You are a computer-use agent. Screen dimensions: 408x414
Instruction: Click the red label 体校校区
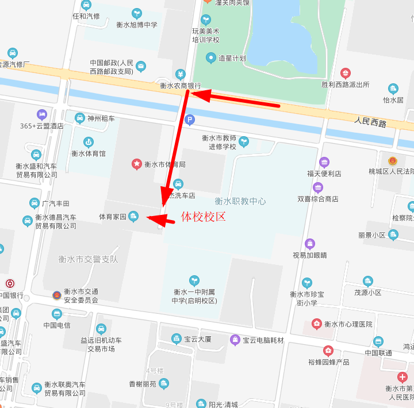(204, 217)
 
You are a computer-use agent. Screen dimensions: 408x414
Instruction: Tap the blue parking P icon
(190, 120)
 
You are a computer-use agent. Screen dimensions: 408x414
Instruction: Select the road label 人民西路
(370, 122)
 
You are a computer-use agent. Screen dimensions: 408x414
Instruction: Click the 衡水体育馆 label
(89, 153)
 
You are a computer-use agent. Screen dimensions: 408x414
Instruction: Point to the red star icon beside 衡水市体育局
(137, 164)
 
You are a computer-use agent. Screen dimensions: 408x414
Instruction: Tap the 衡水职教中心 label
(240, 201)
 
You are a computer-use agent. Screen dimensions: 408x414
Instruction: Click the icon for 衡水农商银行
(181, 74)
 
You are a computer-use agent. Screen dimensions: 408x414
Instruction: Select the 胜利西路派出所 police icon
(345, 73)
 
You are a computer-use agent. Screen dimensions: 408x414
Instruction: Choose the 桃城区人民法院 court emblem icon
(393, 161)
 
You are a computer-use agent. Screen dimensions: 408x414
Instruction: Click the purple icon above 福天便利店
(324, 162)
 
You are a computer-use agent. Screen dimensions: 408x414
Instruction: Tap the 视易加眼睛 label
(309, 255)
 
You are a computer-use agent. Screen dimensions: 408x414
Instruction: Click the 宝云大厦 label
(198, 339)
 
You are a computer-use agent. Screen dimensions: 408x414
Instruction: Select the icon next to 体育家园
(133, 217)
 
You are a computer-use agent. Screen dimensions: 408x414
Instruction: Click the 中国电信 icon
(57, 314)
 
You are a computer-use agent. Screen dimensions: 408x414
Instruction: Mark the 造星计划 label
(232, 58)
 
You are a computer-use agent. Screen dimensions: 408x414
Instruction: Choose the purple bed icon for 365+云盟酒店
(41, 114)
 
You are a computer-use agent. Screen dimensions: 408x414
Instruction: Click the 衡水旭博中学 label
(137, 25)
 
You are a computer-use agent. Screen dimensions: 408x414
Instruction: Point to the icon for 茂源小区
(368, 281)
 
